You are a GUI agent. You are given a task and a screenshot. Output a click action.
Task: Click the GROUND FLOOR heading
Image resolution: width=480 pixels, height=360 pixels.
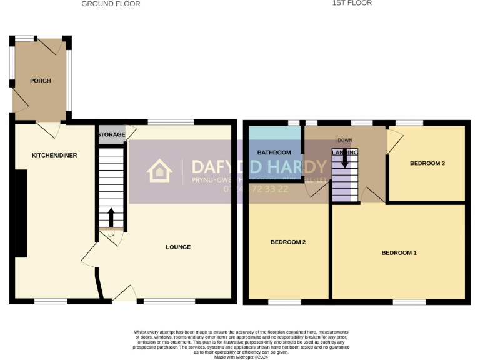coord(111,4)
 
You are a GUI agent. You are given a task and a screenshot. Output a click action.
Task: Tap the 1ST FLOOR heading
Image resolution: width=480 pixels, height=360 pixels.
coord(352,3)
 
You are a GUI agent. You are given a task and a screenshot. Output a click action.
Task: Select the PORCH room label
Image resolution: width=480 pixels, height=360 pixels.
coord(41,81)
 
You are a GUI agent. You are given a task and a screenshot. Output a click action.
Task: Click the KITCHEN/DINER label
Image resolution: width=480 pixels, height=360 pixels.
coord(55,155)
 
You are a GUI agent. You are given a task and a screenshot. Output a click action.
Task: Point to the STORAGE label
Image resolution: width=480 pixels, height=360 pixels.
coord(111,134)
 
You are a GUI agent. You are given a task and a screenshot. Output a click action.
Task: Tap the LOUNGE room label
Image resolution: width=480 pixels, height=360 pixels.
coord(178,247)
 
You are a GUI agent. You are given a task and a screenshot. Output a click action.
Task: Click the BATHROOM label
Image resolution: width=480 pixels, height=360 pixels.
coord(274,152)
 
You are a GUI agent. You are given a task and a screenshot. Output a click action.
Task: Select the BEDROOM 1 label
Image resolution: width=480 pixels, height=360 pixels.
coord(399,253)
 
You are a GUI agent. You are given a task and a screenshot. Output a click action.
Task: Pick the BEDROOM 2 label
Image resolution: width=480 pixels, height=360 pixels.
coord(287,242)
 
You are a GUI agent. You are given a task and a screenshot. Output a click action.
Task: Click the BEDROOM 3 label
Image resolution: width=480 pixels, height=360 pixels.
coord(427,163)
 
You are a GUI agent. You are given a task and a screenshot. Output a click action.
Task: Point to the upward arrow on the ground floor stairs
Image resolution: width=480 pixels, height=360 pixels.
coord(112,217)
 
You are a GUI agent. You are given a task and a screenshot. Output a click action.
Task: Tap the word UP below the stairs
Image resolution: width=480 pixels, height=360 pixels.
coord(112,236)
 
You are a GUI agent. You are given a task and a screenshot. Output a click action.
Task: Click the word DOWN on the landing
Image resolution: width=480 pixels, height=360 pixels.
coord(345,140)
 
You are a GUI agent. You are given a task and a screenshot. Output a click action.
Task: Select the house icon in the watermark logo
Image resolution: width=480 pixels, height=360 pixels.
coord(159,171)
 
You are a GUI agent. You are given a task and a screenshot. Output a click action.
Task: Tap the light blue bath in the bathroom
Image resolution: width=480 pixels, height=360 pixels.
coord(275,133)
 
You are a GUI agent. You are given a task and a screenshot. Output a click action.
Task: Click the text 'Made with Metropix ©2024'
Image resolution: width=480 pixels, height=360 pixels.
coord(241,357)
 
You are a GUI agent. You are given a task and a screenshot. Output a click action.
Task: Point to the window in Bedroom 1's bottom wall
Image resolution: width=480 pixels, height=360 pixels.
coord(409,302)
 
